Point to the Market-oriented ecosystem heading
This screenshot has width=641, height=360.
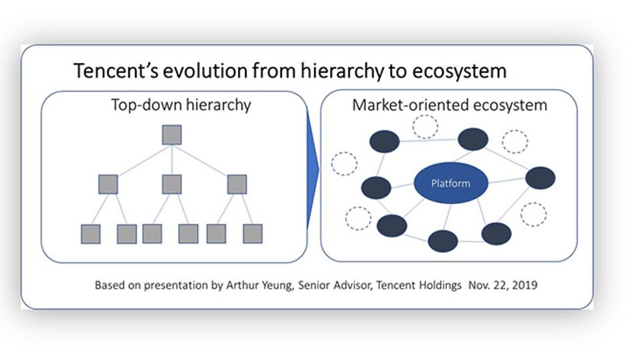[x=449, y=105]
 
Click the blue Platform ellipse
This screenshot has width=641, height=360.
[x=450, y=183]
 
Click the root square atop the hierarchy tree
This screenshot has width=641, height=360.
[x=172, y=135]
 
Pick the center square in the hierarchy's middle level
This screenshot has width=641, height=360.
[x=172, y=184]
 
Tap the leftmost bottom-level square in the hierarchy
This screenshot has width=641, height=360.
[x=90, y=234]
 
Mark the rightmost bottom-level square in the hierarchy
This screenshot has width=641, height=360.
[x=252, y=234]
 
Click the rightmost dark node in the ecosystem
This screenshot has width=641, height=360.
[x=540, y=178]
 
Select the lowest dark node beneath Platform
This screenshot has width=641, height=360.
[x=442, y=241]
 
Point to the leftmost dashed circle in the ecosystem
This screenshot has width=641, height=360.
[x=344, y=163]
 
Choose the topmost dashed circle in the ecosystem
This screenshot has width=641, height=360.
[x=425, y=126]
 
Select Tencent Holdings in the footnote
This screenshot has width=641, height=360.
[x=418, y=285]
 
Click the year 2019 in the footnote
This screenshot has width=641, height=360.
[x=525, y=285]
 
